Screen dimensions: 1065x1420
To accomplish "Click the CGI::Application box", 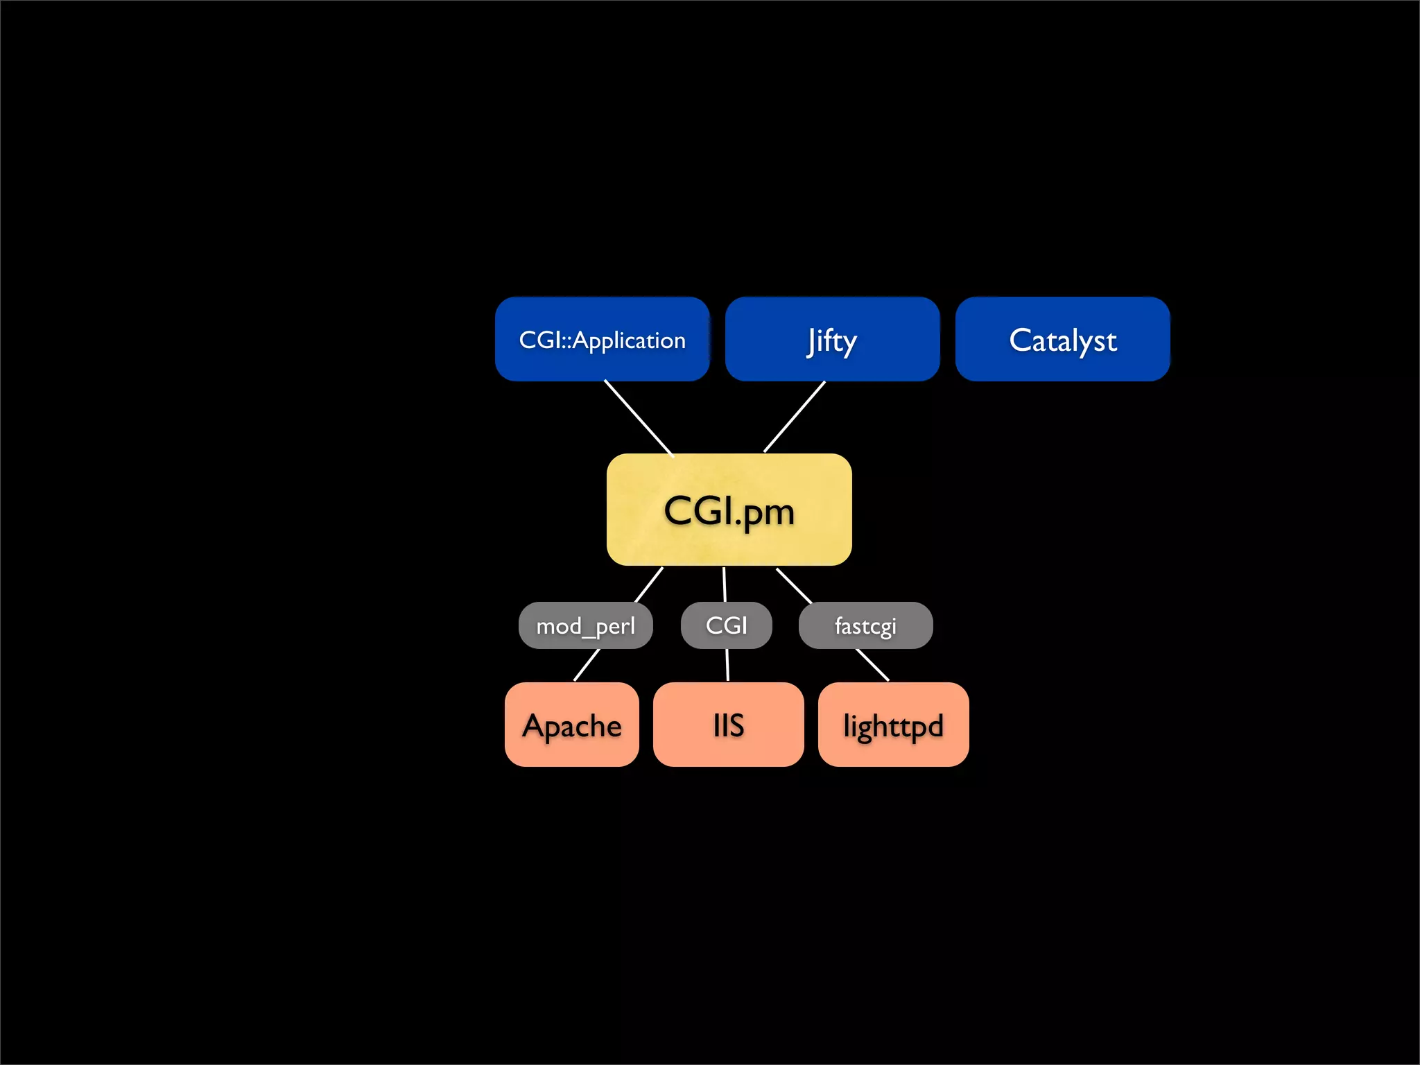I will click(x=602, y=339).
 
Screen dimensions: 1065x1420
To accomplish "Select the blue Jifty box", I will click(x=832, y=339).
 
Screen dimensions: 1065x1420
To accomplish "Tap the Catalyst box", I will click(x=1062, y=339).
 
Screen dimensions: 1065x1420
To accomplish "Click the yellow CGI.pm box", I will click(x=729, y=510).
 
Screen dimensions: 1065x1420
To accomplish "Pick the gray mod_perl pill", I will click(x=585, y=625).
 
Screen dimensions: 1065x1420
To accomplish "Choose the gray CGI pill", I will click(x=726, y=625).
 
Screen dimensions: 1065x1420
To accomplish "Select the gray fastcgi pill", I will click(x=865, y=625).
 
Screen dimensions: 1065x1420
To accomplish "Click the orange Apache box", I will click(x=571, y=725).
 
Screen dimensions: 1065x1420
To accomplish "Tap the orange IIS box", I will click(x=728, y=725).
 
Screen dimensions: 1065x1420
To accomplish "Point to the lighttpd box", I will click(x=893, y=725).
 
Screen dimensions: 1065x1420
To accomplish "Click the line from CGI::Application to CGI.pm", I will click(x=639, y=418).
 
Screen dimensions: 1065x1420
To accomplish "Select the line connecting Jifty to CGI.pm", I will click(x=795, y=417).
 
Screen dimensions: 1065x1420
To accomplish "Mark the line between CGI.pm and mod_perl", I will click(x=649, y=585).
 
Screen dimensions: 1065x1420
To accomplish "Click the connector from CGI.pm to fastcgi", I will click(x=794, y=585).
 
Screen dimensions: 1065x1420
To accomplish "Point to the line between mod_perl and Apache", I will click(x=587, y=665).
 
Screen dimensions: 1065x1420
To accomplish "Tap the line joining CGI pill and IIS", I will click(x=727, y=665).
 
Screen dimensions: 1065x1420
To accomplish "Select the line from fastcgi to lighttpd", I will click(x=872, y=665).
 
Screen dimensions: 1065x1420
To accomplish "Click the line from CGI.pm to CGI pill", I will click(x=725, y=585).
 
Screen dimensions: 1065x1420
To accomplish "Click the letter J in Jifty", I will click(x=812, y=341).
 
